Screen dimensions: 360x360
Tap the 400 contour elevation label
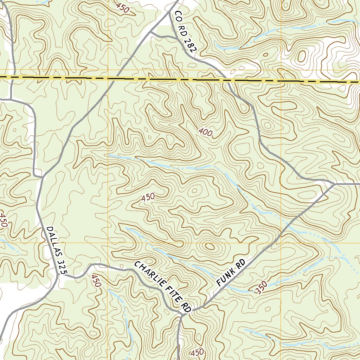(206, 133)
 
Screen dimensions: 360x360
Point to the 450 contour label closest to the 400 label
(148, 198)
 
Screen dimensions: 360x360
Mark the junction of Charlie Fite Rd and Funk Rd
(192, 310)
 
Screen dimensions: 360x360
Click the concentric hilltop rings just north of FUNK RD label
(210, 246)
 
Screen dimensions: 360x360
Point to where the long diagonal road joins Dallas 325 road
(43, 176)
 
